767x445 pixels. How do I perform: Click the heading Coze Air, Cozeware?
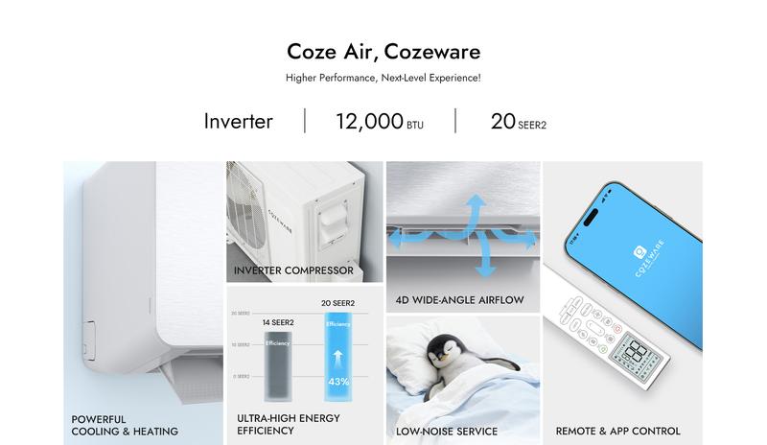(x=383, y=51)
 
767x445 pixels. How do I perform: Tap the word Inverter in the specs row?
(x=238, y=122)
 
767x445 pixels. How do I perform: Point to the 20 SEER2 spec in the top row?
(x=519, y=122)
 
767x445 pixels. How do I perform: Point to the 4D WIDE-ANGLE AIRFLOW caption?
(x=459, y=300)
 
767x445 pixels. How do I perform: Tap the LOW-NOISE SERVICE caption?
(x=447, y=432)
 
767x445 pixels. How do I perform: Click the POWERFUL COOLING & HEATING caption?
(x=125, y=425)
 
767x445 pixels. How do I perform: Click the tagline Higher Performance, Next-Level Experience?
(x=383, y=77)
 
